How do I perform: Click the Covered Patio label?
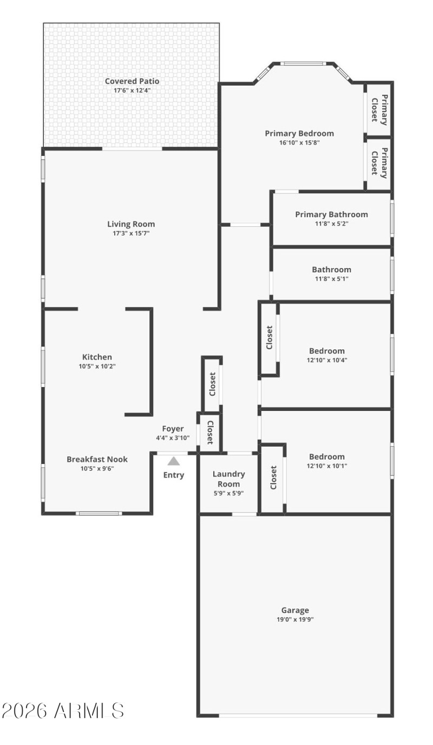coord(132,82)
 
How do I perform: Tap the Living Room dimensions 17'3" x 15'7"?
coord(131,233)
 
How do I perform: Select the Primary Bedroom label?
coord(299,133)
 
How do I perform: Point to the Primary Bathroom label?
coord(331,214)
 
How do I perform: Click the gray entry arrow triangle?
coord(173,461)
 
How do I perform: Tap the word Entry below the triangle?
coord(174,475)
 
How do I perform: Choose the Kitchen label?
coord(97,357)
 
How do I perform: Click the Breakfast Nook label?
coord(97,459)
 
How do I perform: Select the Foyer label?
coord(173,429)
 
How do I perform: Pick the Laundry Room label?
coord(228,479)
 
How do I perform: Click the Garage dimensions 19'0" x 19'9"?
coord(295,620)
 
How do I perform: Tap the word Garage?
coord(295,610)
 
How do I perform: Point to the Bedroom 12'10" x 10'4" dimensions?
coord(327,360)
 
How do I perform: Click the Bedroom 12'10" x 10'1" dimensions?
coord(327,466)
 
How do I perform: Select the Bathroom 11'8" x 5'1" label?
coord(331,270)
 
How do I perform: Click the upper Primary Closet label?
coord(379,110)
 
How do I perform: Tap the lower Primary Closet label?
coord(379,162)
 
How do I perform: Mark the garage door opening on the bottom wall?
coord(298,715)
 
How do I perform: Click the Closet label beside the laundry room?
coord(273,478)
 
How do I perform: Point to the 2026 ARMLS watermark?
coord(63,711)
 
